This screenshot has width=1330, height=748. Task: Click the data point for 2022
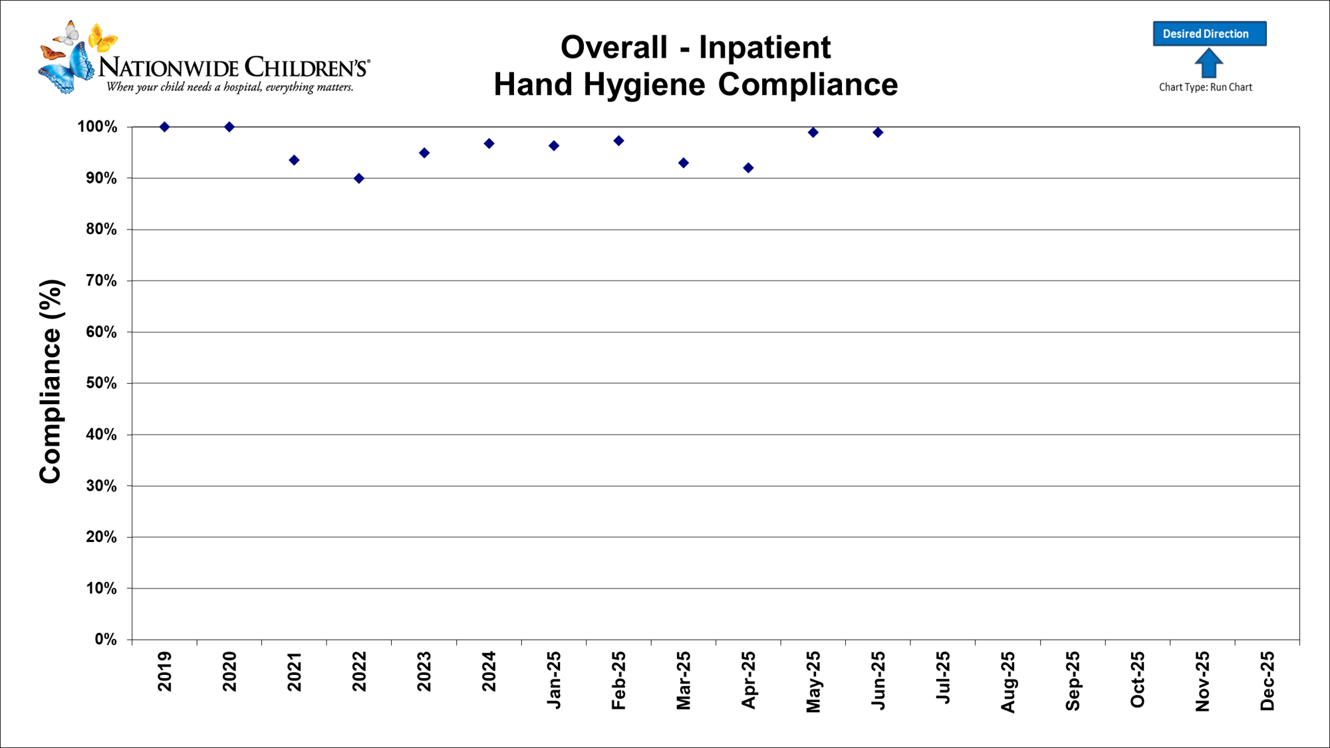pos(359,178)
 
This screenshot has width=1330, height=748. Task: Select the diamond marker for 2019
pos(165,127)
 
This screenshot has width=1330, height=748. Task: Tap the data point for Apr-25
pos(748,168)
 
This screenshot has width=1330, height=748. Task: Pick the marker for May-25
pos(813,132)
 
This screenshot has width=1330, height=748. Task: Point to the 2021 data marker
pos(294,160)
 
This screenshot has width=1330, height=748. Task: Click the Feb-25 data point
pos(618,141)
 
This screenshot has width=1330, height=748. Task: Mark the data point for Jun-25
pos(878,132)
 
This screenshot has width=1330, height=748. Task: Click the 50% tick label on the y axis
pos(102,383)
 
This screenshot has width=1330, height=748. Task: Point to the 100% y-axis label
pos(97,127)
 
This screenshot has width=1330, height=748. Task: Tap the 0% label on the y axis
pos(106,639)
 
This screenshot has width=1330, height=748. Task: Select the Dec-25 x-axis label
pos(1267,680)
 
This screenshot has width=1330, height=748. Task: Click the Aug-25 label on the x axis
pos(1008,682)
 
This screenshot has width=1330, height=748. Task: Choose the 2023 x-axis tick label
pos(424,671)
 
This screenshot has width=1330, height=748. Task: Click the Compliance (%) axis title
pos(51,382)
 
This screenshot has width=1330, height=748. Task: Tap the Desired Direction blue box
pos(1209,34)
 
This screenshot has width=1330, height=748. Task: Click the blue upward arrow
pos(1208,64)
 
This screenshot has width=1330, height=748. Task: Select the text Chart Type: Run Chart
pos(1205,87)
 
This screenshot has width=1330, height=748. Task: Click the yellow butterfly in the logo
pos(102,37)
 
